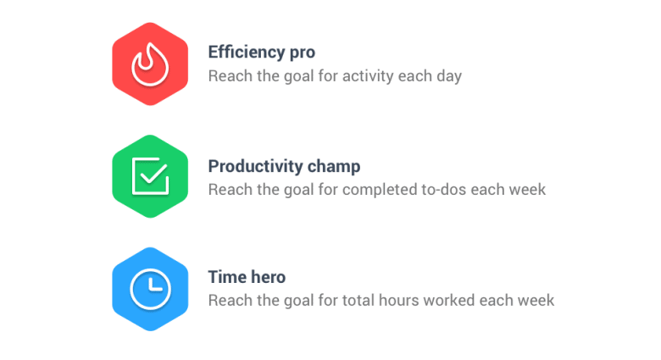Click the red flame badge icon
(x=150, y=64)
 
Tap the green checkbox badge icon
(x=150, y=176)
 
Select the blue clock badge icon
(x=150, y=289)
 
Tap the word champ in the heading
(x=335, y=166)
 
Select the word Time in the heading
(x=226, y=277)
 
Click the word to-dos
(x=445, y=189)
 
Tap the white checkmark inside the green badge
(x=153, y=175)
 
